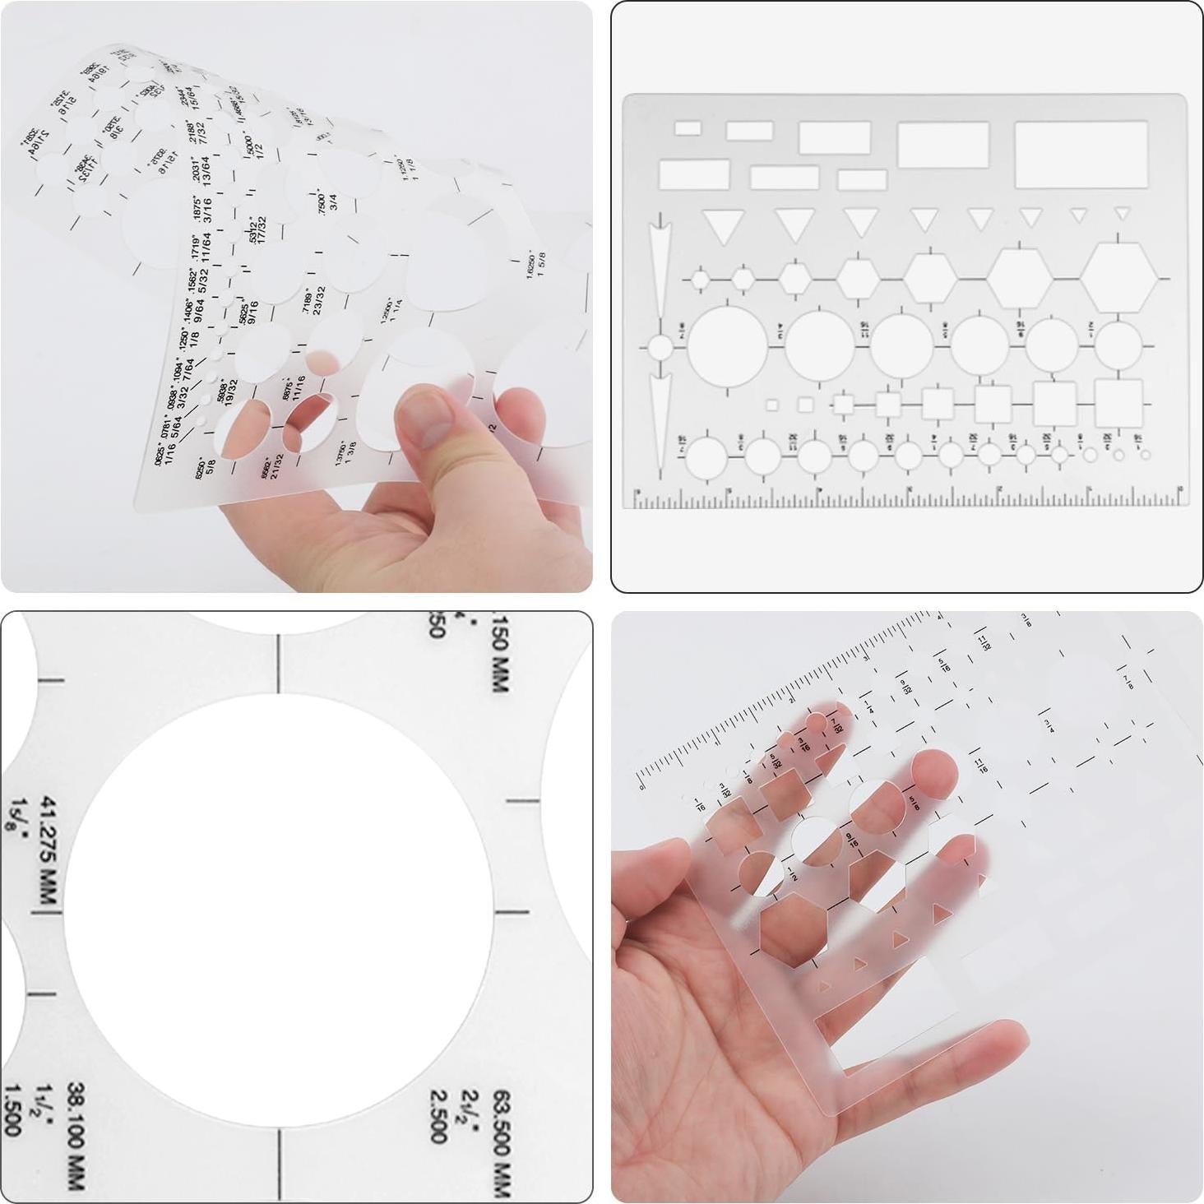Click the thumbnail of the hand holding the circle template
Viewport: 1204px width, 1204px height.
pos(296,296)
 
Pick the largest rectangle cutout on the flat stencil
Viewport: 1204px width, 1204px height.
pos(1081,154)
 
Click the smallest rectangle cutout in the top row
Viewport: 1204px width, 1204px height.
pos(688,128)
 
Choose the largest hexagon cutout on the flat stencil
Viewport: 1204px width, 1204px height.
pos(1118,278)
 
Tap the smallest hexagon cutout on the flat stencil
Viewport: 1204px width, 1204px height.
pos(700,280)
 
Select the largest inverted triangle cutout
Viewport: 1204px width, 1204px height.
pos(723,225)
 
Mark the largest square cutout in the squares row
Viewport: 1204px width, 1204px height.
pos(1118,404)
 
